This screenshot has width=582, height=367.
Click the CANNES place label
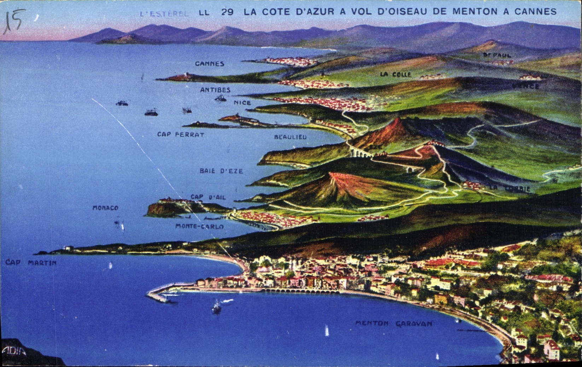[210, 64]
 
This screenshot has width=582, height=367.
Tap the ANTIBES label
[215, 90]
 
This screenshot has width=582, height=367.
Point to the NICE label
[242, 103]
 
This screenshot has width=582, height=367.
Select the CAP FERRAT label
[181, 135]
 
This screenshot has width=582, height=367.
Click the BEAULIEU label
[290, 137]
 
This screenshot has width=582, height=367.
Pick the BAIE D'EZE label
[221, 171]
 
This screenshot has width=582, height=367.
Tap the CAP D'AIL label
[208, 197]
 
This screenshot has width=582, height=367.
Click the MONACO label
[105, 208]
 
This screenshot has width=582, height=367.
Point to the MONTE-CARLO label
[200, 226]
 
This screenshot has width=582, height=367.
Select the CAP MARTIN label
[31, 263]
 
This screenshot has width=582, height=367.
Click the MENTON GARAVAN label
[394, 324]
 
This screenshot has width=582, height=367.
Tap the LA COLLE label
[396, 75]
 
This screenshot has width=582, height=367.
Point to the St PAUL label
[497, 55]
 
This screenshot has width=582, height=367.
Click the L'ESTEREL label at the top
[164, 14]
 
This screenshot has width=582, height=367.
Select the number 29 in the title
[227, 12]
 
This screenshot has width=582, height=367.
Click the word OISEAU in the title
[404, 12]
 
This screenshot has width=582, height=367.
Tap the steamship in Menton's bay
[216, 307]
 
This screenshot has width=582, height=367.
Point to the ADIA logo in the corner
[14, 351]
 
